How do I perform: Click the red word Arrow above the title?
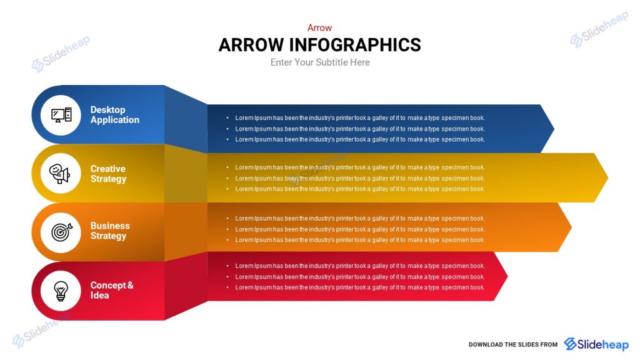tap(319, 27)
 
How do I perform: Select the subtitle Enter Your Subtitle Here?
tap(319, 62)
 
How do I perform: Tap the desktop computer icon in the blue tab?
tap(61, 115)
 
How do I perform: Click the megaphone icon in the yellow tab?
tap(60, 174)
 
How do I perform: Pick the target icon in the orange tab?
tap(61, 232)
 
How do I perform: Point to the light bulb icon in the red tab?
tap(61, 291)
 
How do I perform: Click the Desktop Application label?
tap(114, 115)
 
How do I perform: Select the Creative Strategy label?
tap(108, 174)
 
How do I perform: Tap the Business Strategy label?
tap(110, 231)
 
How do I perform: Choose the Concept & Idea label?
tap(111, 290)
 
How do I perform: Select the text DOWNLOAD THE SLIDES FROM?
tap(512, 345)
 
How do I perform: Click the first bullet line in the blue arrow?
tap(359, 118)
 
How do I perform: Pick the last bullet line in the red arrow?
tap(359, 287)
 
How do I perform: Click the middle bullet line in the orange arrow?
tap(359, 229)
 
